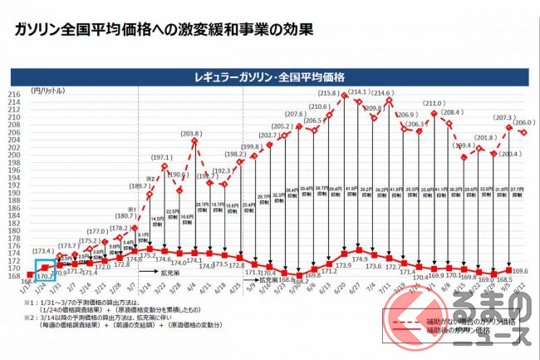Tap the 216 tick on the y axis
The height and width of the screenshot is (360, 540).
pos(16,95)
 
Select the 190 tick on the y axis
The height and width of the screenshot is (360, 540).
pos(16,194)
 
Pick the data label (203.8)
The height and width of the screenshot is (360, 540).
pos(190,134)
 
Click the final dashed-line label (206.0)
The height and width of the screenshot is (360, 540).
pos(524,122)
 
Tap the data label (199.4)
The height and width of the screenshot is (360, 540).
pos(464,145)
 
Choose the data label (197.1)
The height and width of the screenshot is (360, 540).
pos(161,157)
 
